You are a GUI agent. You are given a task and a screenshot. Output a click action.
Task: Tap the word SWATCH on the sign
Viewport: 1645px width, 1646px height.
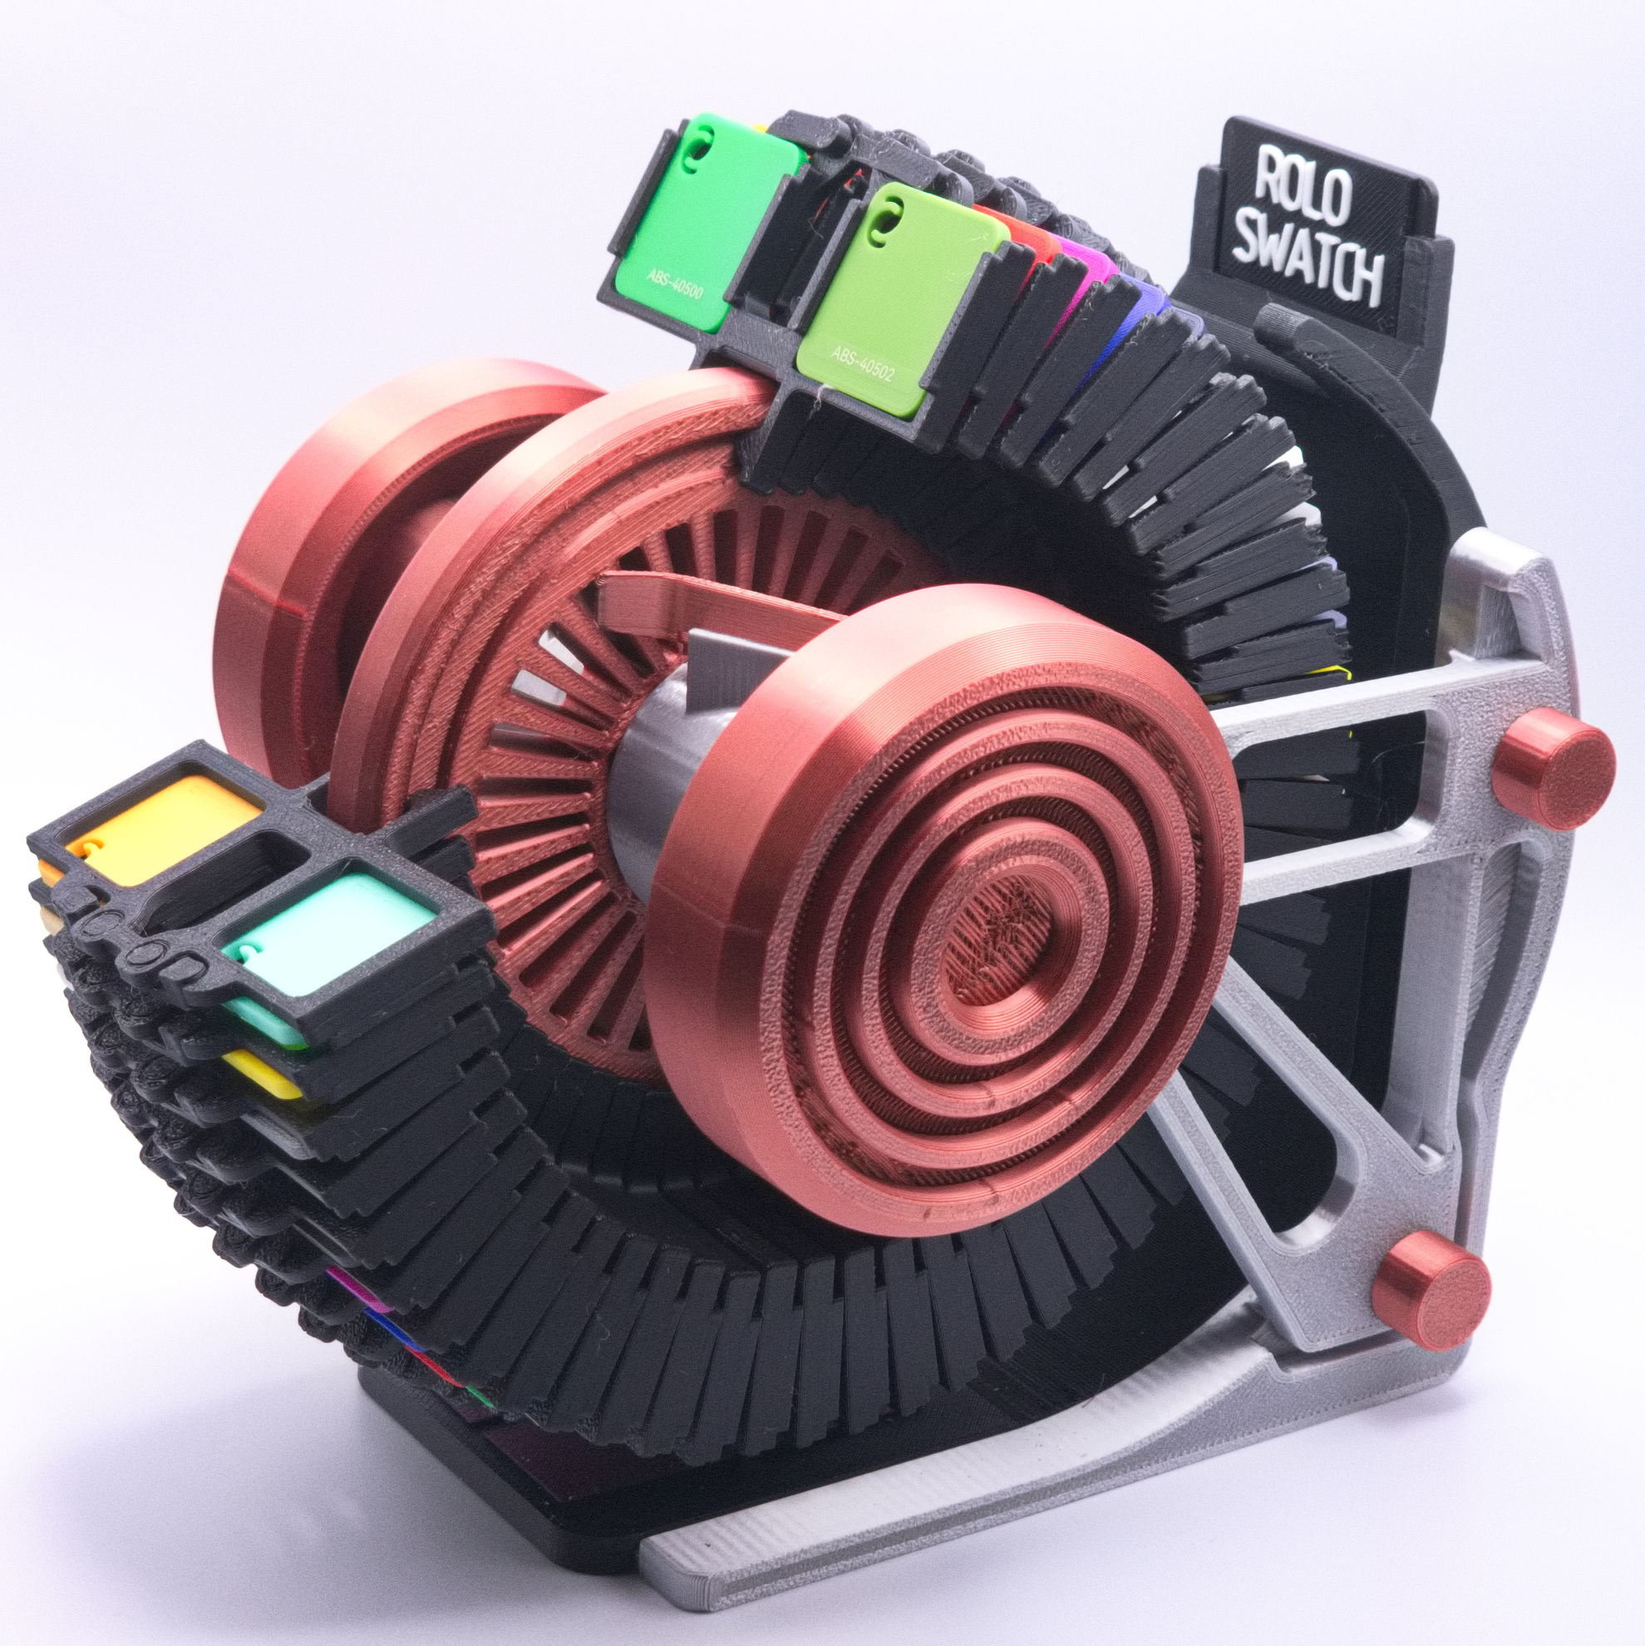[1308, 259]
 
